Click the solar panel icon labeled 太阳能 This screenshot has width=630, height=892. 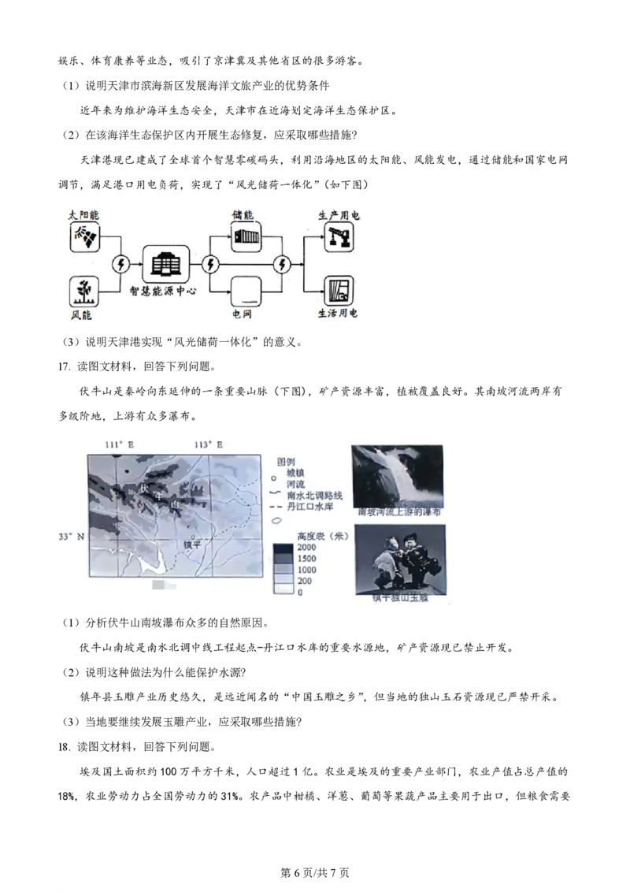pyautogui.click(x=84, y=236)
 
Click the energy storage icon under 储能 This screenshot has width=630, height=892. pyautogui.click(x=246, y=236)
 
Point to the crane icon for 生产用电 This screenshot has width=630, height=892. pyautogui.click(x=339, y=236)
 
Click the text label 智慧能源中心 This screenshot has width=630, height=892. pyautogui.click(x=162, y=291)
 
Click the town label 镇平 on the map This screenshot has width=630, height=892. pyautogui.click(x=192, y=544)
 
